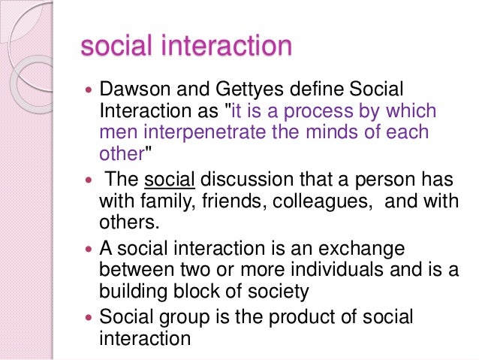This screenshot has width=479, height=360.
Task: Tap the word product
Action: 299,318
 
